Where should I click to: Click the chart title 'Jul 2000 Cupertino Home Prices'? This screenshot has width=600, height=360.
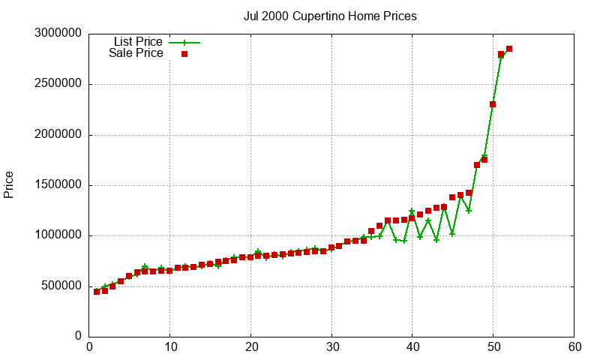click(x=330, y=16)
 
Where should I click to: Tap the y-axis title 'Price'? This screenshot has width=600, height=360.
click(x=9, y=184)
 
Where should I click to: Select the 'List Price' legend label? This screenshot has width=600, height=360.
click(x=138, y=42)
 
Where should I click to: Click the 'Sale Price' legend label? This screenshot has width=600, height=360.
click(x=136, y=53)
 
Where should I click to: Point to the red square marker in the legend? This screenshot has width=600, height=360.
click(x=184, y=53)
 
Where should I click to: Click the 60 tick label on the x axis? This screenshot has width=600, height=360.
click(x=574, y=347)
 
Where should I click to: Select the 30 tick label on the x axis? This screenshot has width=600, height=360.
click(x=331, y=347)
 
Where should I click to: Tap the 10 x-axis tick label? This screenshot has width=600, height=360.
click(x=170, y=347)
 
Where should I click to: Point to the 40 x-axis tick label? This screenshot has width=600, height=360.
click(x=412, y=347)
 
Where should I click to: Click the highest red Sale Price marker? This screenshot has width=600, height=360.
click(x=509, y=49)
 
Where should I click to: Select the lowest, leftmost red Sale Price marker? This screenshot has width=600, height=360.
click(x=97, y=291)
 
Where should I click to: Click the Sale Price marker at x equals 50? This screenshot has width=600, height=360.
click(x=493, y=104)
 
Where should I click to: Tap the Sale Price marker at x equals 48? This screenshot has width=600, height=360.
click(x=477, y=165)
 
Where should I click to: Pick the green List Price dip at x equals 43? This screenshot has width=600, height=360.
click(x=436, y=240)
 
